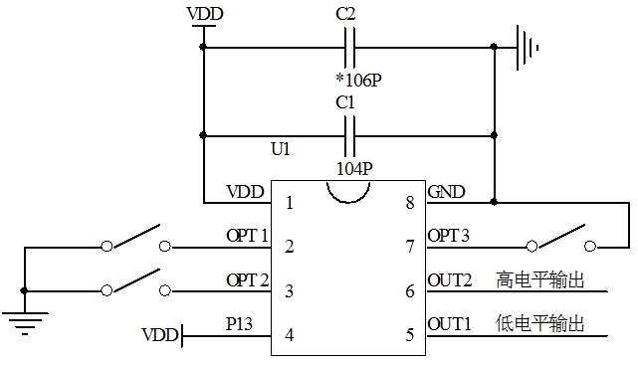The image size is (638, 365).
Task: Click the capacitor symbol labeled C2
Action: tap(349, 47)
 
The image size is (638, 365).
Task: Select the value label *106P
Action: tap(357, 79)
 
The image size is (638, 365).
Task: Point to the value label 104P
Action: tap(354, 168)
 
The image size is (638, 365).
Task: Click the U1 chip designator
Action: tap(281, 148)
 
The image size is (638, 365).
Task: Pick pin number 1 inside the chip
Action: tap(289, 203)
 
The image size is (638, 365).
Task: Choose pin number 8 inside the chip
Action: tap(409, 203)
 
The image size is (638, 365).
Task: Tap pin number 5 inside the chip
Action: tap(409, 334)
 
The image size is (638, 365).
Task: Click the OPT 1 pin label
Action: tap(247, 236)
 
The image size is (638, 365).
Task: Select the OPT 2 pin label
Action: tap(247, 279)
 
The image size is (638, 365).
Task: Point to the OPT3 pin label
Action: tap(448, 236)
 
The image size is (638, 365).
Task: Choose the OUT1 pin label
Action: tap(449, 323)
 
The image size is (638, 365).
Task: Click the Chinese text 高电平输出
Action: tap(537, 280)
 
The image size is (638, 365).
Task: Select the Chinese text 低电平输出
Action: tap(537, 324)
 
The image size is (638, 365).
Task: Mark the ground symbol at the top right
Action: tap(527, 47)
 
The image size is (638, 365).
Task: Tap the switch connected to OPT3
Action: tap(561, 240)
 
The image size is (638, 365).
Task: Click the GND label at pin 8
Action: tap(445, 192)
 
